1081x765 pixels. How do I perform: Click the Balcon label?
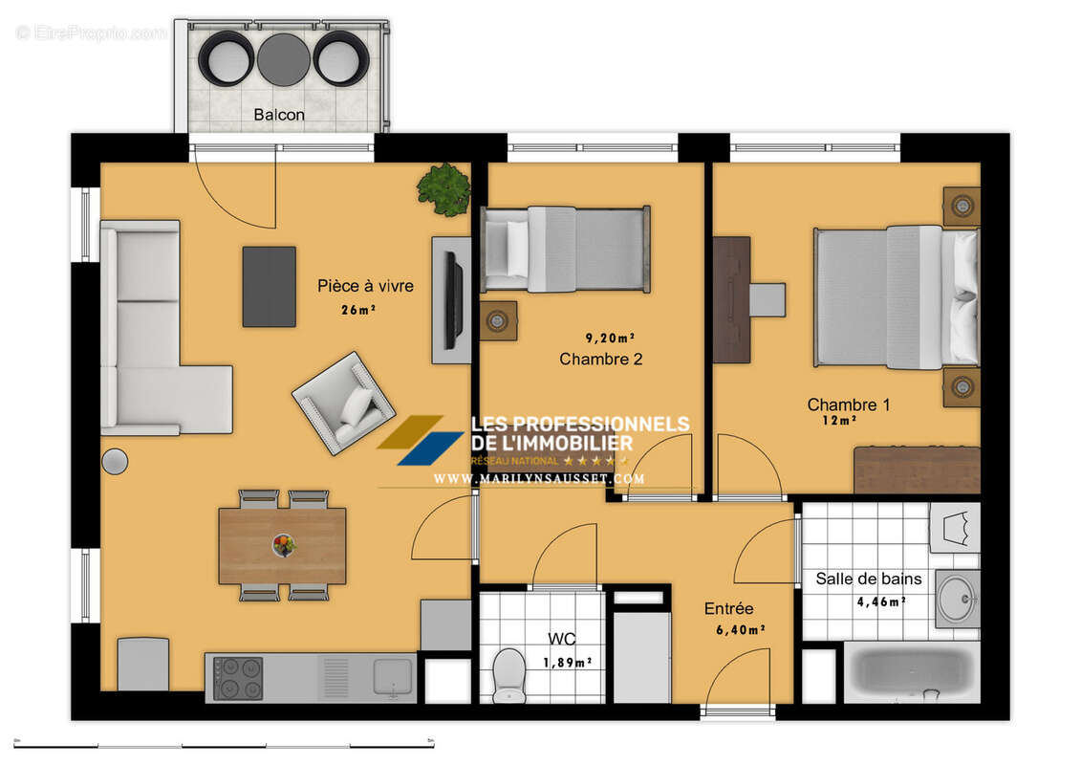[x=279, y=115]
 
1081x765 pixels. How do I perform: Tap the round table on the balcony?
[x=283, y=58]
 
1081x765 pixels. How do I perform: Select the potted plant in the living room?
[x=443, y=188]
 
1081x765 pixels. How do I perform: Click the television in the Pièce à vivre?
[x=453, y=299]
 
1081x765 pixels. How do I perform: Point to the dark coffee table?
[x=269, y=286]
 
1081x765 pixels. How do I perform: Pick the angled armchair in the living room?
[x=344, y=403]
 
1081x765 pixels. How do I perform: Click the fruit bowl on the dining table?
[x=283, y=544]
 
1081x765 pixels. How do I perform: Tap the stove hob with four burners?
[x=237, y=677]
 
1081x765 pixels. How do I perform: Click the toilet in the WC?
[x=508, y=671]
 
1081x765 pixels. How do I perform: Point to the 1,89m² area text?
[x=568, y=662]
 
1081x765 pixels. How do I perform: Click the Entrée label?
[x=728, y=608]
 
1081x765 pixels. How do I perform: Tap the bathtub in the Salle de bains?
[x=912, y=671]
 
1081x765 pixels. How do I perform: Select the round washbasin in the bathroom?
[x=956, y=599]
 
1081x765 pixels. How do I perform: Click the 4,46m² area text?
[x=879, y=601]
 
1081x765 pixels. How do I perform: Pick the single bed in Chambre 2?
[x=566, y=249]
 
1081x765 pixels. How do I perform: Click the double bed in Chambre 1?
[x=896, y=296]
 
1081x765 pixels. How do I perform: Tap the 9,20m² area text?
[x=610, y=338]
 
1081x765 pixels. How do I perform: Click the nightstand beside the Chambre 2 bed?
[x=497, y=321]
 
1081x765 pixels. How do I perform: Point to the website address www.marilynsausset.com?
[x=539, y=478]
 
